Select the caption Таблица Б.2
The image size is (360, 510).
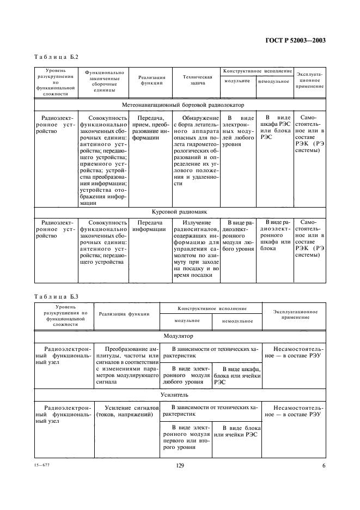[x=56, y=57]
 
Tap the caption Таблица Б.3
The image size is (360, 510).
[x=56, y=296]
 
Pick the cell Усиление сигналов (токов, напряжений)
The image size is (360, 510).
[x=127, y=411]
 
